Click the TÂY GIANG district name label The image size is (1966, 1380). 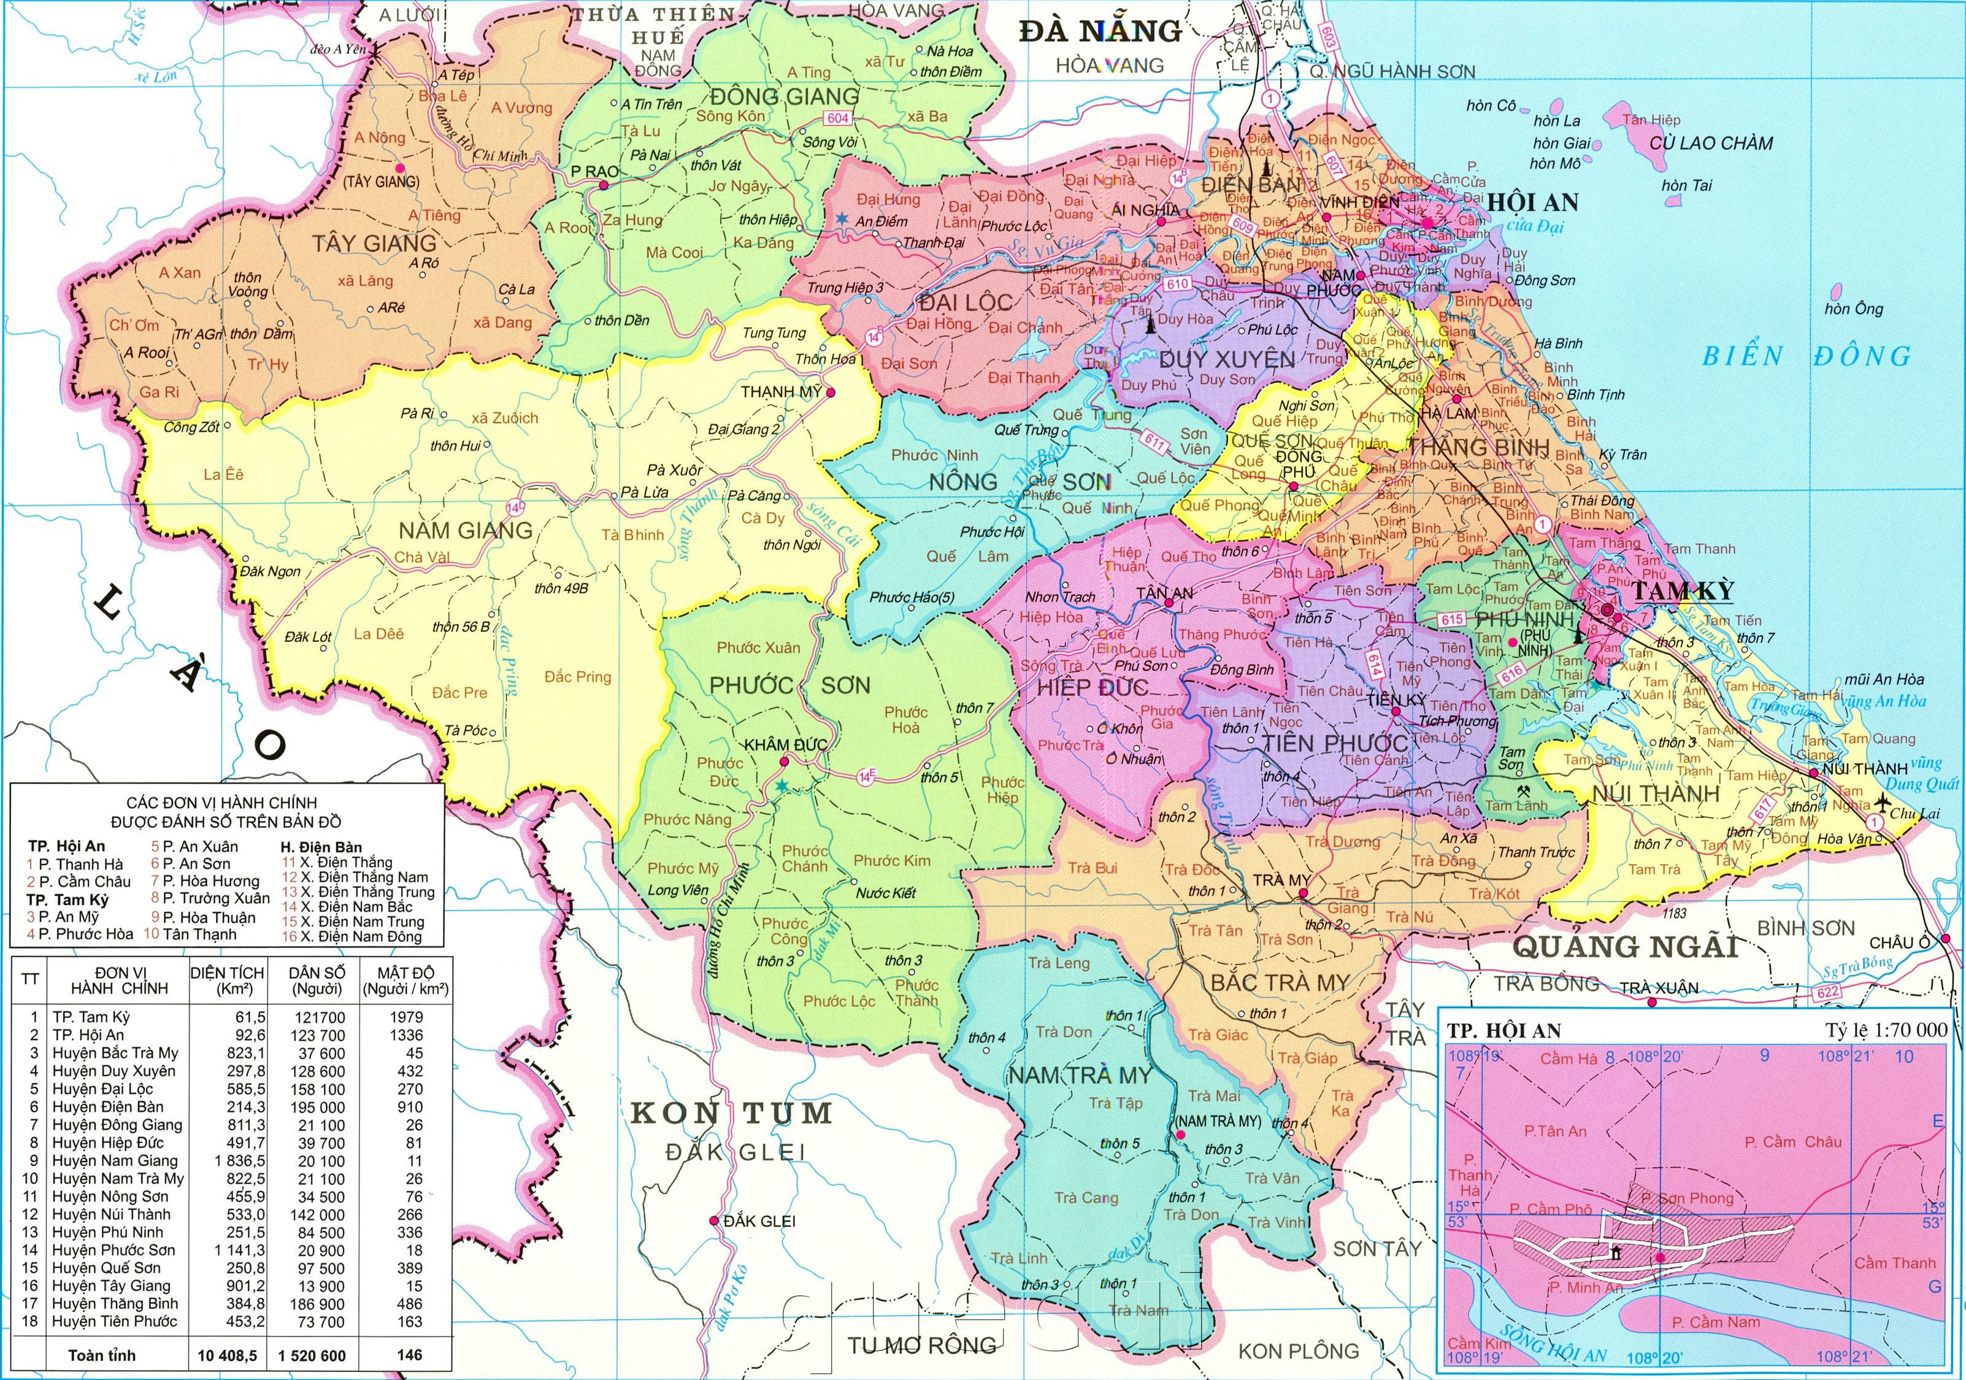pyautogui.click(x=374, y=243)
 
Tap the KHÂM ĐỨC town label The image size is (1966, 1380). pyautogui.click(x=785, y=746)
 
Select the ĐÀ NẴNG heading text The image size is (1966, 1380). pyautogui.click(x=1099, y=32)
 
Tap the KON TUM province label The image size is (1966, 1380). pyautogui.click(x=731, y=1114)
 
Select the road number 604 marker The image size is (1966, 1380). pyautogui.click(x=839, y=119)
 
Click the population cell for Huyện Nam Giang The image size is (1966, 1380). pyautogui.click(x=317, y=1161)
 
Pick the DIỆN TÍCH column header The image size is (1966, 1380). pyautogui.click(x=227, y=980)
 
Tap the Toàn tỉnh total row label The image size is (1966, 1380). pyautogui.click(x=102, y=1355)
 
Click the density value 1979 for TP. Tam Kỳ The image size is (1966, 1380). pyautogui.click(x=405, y=1017)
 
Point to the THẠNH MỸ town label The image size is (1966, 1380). pyautogui.click(x=781, y=391)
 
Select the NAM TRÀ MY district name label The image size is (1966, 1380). pyautogui.click(x=1079, y=1075)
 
